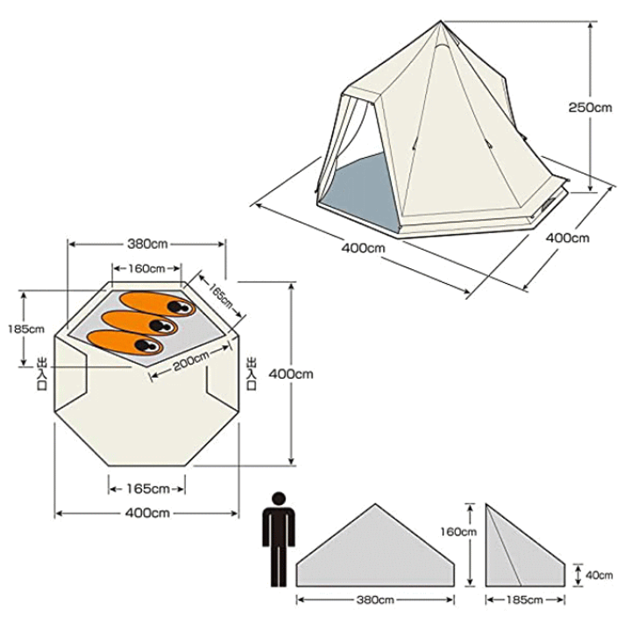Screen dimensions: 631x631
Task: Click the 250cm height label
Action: pos(590,108)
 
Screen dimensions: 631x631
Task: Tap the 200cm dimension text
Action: pos(191,361)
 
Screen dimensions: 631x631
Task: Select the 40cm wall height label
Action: pos(599,575)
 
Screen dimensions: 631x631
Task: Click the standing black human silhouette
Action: pos(279,539)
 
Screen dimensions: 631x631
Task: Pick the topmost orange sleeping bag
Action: pos(158,303)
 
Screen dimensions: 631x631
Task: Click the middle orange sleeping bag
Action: pos(139,323)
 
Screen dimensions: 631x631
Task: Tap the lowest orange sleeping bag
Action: pos(125,342)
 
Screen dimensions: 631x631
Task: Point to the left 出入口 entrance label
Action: pos(42,373)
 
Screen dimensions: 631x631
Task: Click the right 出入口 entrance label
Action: pos(252,373)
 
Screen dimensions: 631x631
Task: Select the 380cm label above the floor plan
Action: pos(147,244)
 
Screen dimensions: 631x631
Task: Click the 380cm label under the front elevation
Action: pos(375,600)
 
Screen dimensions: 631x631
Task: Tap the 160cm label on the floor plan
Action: pos(146,268)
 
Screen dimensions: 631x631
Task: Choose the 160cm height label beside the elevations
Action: pos(458,532)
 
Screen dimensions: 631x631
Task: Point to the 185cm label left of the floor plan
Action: pos(25,330)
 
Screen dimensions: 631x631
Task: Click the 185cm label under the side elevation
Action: pos(524,600)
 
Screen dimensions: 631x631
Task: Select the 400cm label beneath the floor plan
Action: pos(147,513)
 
